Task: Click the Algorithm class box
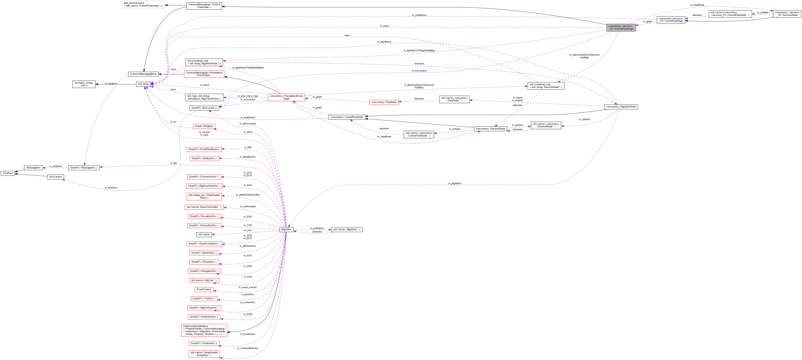click(286, 229)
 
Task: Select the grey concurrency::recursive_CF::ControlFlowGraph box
click(621, 27)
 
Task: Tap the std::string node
click(143, 84)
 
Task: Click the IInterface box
click(8, 173)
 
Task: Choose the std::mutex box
click(204, 235)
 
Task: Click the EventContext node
click(204, 289)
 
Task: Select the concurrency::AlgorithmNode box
click(621, 107)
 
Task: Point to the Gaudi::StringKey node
click(204, 126)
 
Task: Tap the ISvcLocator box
click(55, 177)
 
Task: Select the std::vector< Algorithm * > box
click(347, 229)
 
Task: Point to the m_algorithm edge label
click(454, 183)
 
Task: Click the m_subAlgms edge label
click(317, 228)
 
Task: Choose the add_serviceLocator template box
click(143, 4)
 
